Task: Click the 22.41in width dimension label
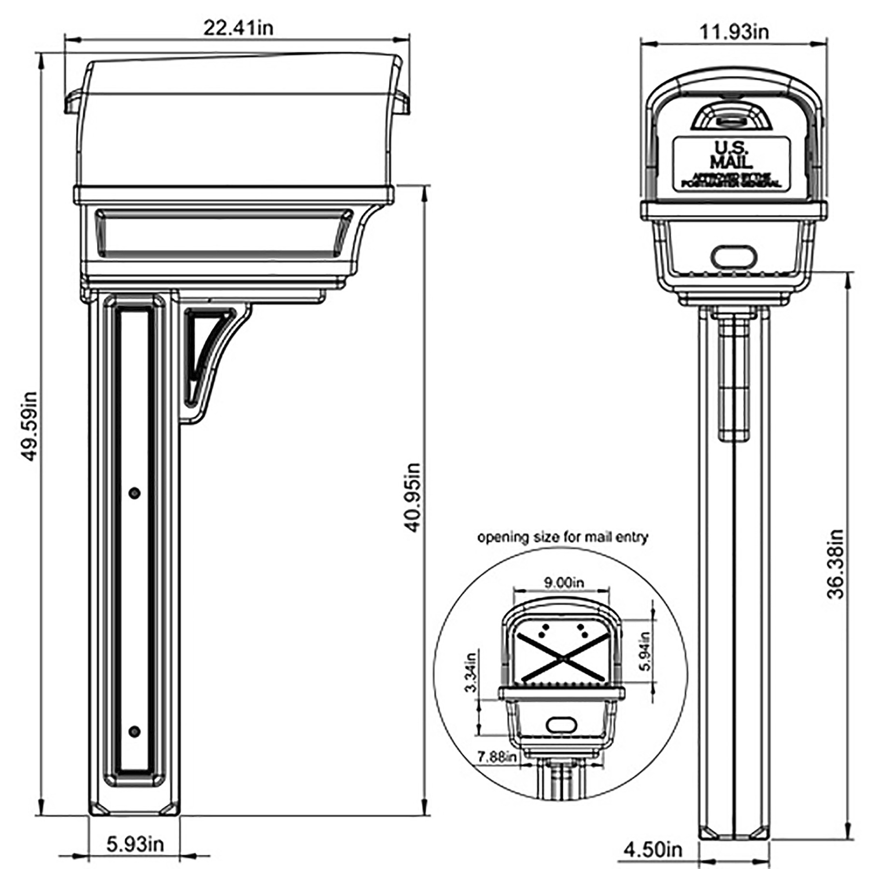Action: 238,28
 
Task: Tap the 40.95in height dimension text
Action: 412,497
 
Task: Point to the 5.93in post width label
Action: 135,844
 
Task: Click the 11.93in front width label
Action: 734,31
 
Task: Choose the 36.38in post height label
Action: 835,563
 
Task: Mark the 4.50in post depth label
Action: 652,850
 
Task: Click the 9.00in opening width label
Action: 563,582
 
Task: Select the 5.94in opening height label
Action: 645,650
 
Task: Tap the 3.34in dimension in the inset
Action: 470,672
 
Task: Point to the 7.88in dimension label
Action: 496,757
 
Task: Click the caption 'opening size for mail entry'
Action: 562,538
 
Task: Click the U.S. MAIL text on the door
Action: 732,155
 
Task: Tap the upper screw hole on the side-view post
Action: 134,493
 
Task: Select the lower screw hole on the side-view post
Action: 134,732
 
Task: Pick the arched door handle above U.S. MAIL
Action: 731,116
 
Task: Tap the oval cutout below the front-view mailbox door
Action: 734,256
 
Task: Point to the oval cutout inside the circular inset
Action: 561,724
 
